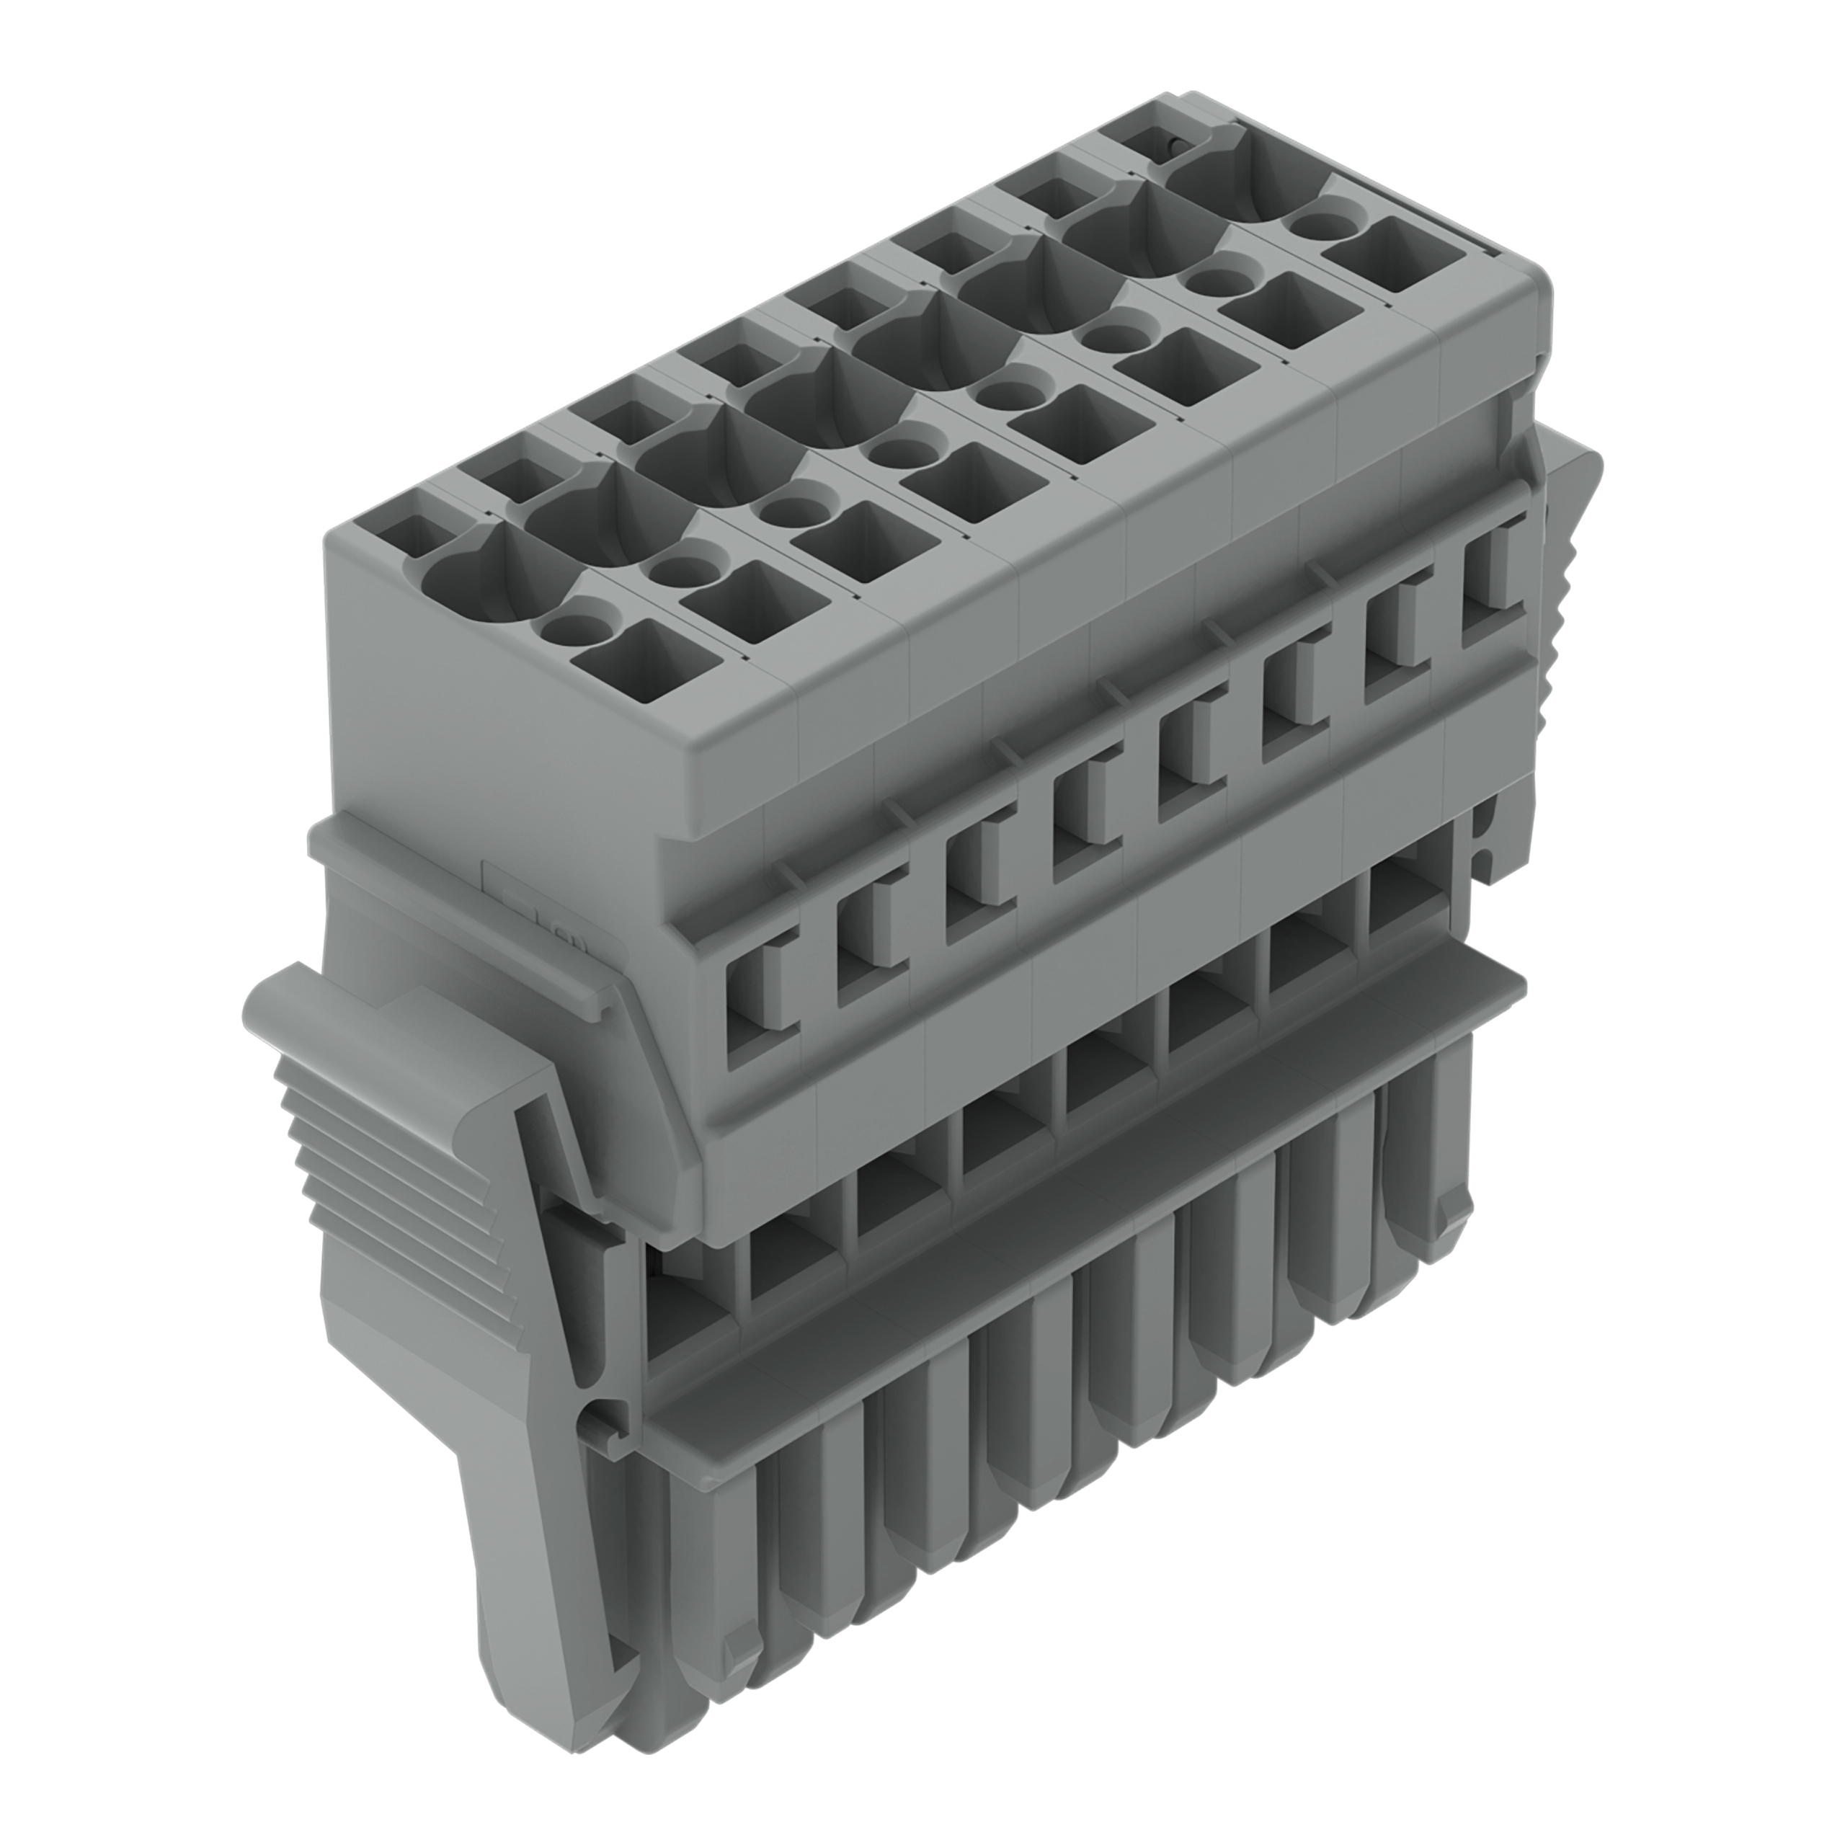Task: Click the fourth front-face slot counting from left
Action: (x=1079, y=822)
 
